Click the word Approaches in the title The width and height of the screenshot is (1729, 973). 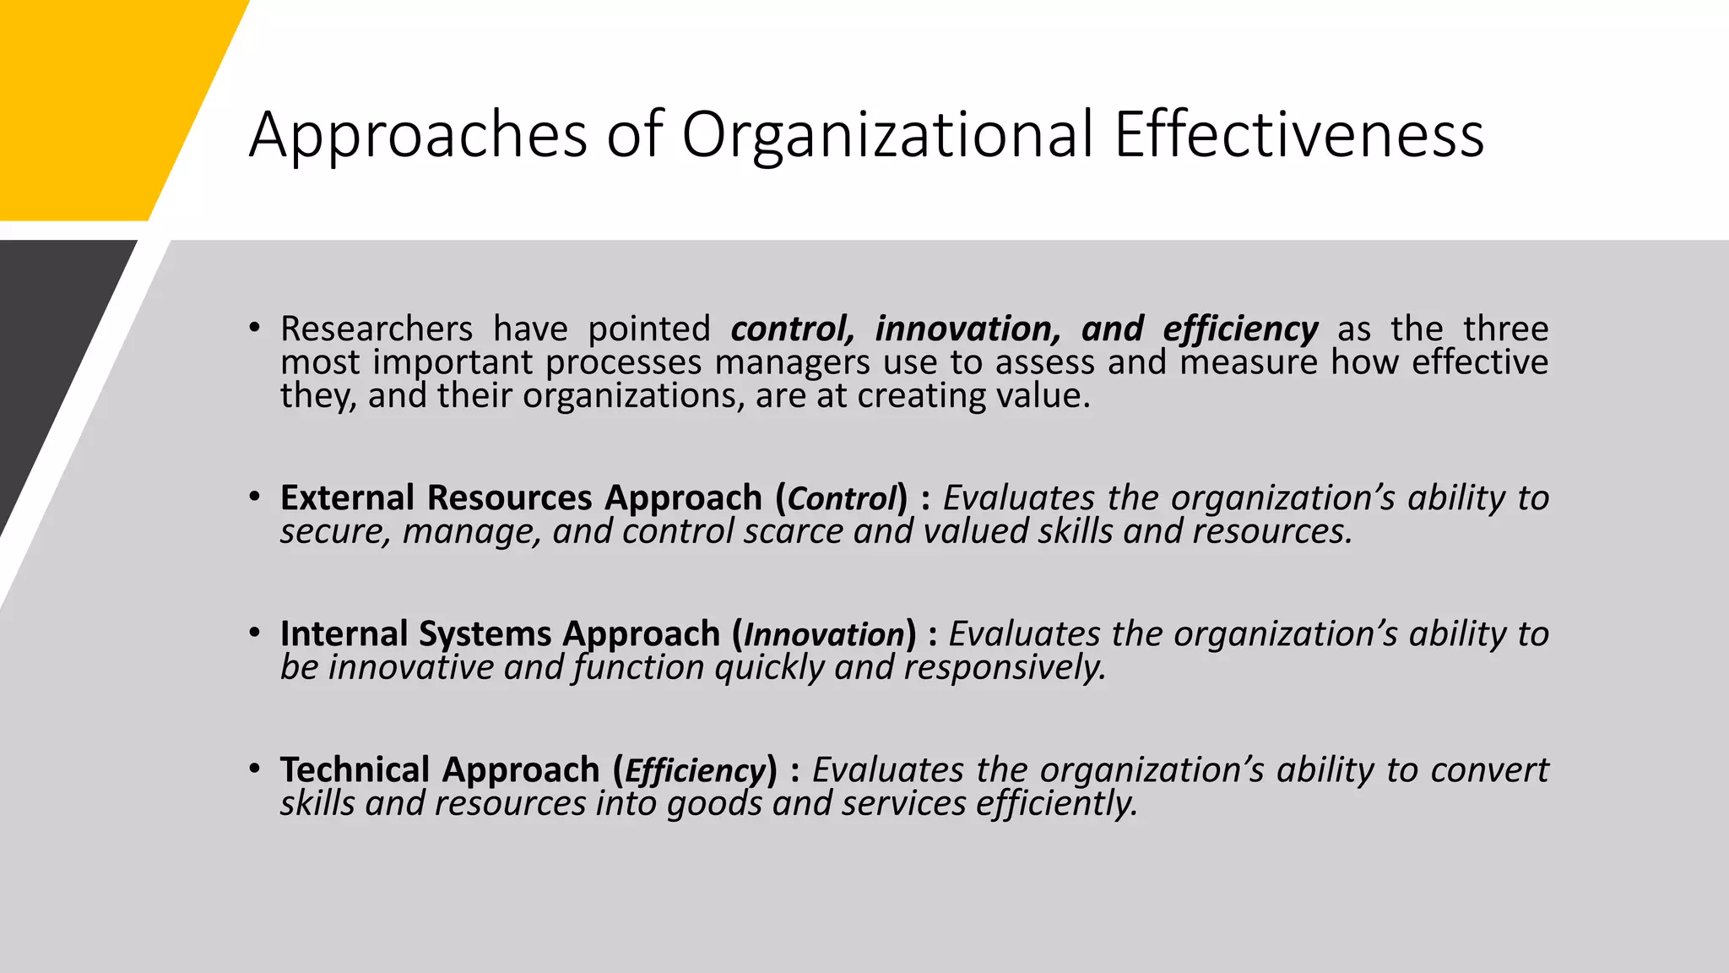point(418,135)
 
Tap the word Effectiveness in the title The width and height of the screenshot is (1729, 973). point(1298,135)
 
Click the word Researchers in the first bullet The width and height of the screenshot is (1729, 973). point(377,329)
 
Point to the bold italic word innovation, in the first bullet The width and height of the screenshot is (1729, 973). point(967,329)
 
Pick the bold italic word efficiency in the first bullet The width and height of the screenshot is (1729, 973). point(1240,329)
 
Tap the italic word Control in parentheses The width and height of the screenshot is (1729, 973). point(841,498)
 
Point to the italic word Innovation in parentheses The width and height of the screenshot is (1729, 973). point(824,634)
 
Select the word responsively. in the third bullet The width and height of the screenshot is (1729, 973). point(1005,667)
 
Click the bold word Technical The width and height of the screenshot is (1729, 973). point(355,769)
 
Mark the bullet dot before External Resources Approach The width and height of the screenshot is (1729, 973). point(254,497)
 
